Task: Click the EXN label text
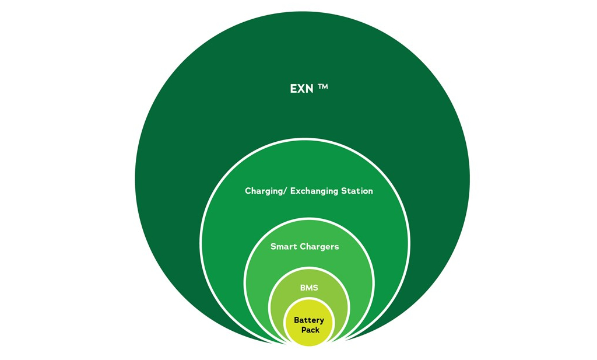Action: pyautogui.click(x=303, y=89)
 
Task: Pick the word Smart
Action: pyautogui.click(x=284, y=247)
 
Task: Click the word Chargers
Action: pyautogui.click(x=319, y=247)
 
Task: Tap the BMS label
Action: pyautogui.click(x=309, y=288)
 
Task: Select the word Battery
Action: pyautogui.click(x=309, y=320)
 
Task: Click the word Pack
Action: pyautogui.click(x=310, y=330)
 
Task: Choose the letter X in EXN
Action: pyautogui.click(x=302, y=89)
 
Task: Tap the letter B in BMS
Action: pyautogui.click(x=303, y=288)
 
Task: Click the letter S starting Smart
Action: pyautogui.click(x=273, y=247)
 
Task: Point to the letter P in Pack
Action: pyautogui.click(x=304, y=330)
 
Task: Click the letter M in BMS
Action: pyautogui.click(x=309, y=288)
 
